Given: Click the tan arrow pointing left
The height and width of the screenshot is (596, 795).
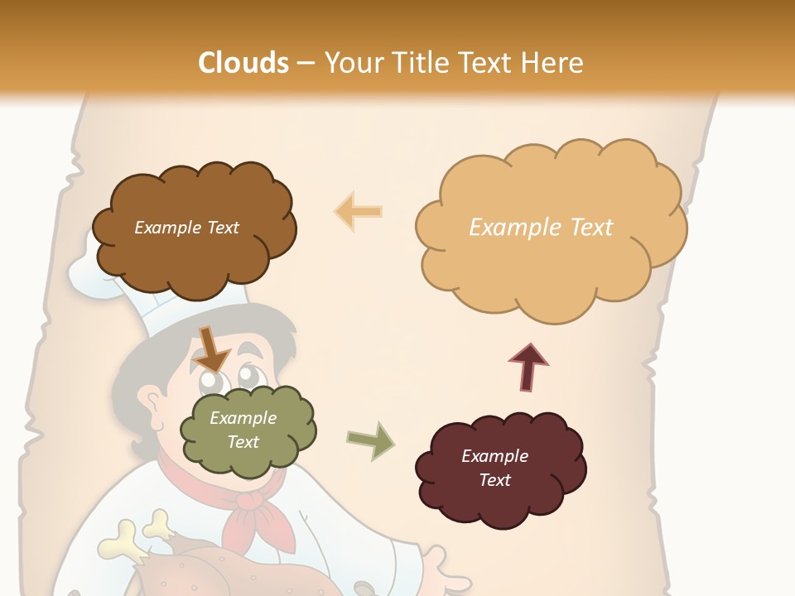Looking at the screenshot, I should click(x=359, y=212).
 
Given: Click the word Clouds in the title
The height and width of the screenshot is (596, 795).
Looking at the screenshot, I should click(x=243, y=63).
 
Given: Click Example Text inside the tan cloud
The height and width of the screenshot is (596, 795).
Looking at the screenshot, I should click(x=541, y=228).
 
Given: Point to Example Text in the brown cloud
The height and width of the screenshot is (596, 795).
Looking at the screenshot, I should click(x=186, y=228).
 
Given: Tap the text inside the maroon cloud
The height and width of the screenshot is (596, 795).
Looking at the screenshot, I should click(x=494, y=468).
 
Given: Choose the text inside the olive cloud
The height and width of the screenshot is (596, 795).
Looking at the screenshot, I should click(x=243, y=430).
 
